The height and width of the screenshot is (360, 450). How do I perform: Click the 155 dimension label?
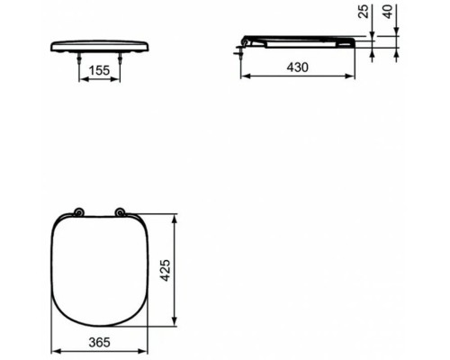[x=100, y=70]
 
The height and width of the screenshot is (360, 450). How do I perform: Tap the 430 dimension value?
[x=297, y=67]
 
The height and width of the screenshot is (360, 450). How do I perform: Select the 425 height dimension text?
[x=166, y=270]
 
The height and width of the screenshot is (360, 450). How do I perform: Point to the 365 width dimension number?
[x=100, y=342]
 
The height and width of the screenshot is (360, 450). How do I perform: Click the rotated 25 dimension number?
[x=364, y=12]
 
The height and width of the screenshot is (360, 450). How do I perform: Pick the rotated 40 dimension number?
[x=388, y=12]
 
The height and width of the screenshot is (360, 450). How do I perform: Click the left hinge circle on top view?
[x=79, y=212]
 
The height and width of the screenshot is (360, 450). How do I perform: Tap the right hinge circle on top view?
[x=121, y=212]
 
